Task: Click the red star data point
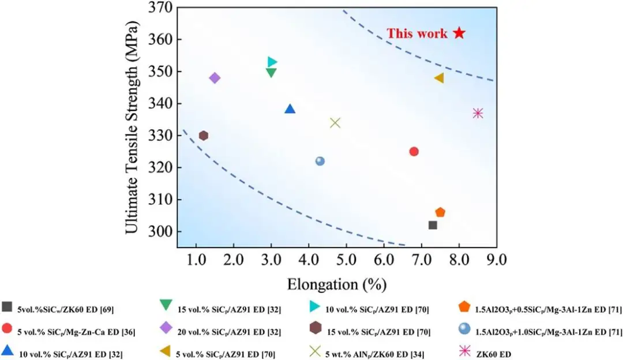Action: pos(459,33)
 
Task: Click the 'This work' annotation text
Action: pos(416,33)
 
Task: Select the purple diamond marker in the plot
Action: pos(215,78)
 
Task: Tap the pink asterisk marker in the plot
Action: pos(478,113)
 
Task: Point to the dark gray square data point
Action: pos(433,225)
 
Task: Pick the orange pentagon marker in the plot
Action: pos(440,212)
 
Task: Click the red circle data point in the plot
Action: pos(414,151)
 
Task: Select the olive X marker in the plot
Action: pos(335,122)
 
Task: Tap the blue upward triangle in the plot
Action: pos(290,109)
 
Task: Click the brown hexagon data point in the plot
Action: pos(204,136)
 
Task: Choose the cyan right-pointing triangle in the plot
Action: pos(272,62)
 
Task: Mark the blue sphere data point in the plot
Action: pos(320,161)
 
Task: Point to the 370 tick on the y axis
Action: pos(159,8)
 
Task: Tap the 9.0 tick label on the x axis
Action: pos(496,260)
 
